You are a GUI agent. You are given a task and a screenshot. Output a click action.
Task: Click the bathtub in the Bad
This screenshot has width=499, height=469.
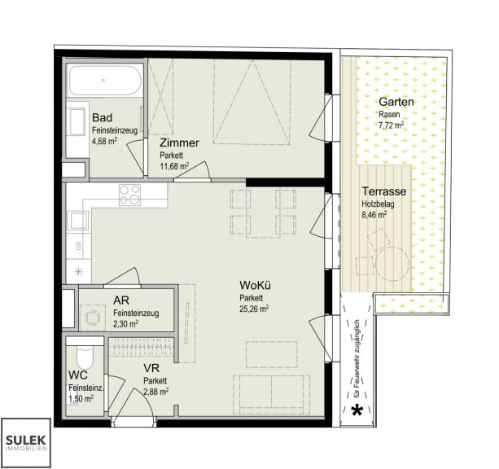click(x=105, y=81)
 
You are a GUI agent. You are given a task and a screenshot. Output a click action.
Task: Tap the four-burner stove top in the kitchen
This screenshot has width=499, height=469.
click(x=129, y=195)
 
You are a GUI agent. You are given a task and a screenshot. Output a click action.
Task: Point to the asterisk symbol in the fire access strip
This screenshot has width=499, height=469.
click(x=357, y=410)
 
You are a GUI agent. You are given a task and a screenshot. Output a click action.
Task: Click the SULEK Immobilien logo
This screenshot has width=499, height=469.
click(x=26, y=443)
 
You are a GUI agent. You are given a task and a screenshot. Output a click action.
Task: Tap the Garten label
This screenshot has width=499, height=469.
click(x=396, y=102)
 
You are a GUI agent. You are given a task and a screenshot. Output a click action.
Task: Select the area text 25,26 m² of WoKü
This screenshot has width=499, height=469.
click(x=254, y=309)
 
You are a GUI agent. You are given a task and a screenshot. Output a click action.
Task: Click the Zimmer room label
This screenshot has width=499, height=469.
click(x=179, y=142)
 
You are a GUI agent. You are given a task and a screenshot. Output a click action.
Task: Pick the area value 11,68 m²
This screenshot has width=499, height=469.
click(x=174, y=166)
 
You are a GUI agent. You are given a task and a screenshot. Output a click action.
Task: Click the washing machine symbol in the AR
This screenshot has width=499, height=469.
click(x=92, y=317)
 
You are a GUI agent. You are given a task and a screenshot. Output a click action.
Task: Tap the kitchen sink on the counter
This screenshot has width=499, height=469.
click(x=78, y=221)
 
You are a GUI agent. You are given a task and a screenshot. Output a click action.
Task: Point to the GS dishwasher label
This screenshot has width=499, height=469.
click(x=78, y=246)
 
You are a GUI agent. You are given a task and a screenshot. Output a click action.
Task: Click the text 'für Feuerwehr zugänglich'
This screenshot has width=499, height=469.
click(x=357, y=359)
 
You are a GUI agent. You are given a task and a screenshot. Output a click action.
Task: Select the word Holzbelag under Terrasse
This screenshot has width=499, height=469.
click(x=378, y=204)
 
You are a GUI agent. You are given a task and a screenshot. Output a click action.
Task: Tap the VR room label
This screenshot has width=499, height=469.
click(x=151, y=368)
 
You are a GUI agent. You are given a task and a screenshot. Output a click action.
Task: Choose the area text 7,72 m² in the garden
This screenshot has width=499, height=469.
click(x=391, y=125)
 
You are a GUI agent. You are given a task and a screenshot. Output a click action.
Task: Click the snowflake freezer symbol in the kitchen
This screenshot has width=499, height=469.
click(x=78, y=272)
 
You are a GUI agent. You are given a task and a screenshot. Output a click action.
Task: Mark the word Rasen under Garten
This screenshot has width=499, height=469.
click(x=389, y=114)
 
